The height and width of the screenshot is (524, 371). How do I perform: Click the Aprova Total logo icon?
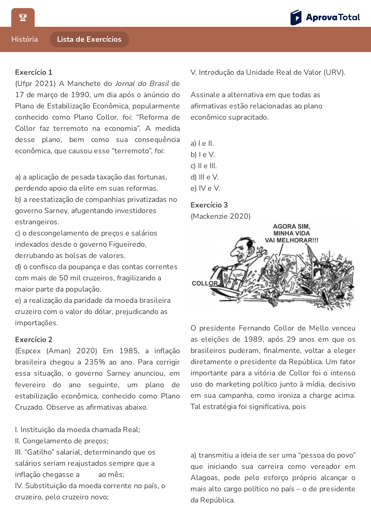[x=296, y=17]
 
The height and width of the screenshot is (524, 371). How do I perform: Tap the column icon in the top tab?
[x=23, y=17]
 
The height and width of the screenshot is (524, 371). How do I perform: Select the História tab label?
[x=25, y=39]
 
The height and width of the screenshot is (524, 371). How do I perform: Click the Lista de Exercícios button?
[x=89, y=39]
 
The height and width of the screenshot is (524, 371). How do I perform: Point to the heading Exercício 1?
[x=34, y=72]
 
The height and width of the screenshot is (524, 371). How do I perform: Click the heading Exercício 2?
[x=34, y=340]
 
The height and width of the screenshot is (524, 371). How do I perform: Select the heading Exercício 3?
[x=209, y=205]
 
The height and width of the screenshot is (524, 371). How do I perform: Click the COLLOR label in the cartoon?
[x=205, y=283]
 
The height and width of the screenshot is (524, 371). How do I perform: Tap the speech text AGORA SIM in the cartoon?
[x=291, y=226]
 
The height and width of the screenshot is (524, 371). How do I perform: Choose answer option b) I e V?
[x=203, y=155]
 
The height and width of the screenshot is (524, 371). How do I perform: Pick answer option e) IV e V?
[x=205, y=188]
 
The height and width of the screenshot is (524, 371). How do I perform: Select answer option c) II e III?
[x=204, y=166]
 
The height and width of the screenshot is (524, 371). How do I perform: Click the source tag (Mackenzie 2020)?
[x=220, y=216]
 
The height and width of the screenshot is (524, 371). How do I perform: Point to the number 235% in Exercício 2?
[x=95, y=362]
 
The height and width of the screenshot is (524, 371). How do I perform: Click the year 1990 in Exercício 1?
[x=80, y=95]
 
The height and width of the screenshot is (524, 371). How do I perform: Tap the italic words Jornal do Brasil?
[x=142, y=83]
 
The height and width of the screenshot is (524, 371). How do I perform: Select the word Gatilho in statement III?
[x=41, y=452]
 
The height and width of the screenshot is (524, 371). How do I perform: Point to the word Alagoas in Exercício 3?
[x=205, y=478]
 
